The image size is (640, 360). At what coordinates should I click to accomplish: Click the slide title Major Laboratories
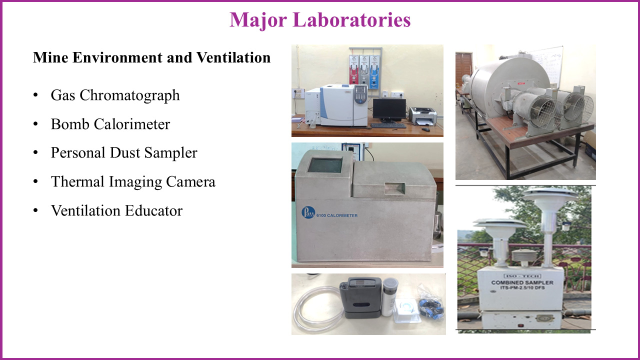tap(320, 20)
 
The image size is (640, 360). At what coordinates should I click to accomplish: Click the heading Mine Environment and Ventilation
tap(151, 57)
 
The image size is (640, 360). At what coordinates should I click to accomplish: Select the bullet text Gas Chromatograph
tap(115, 95)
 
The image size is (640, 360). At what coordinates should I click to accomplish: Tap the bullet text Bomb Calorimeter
tap(110, 124)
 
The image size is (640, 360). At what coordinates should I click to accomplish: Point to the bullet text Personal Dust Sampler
tap(124, 152)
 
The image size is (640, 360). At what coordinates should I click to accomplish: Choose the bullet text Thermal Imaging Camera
tap(133, 181)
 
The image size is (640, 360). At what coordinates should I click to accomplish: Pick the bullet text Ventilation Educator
tap(116, 210)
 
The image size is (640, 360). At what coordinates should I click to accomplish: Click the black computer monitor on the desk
tap(389, 110)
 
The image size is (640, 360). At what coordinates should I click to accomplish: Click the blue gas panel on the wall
tap(374, 72)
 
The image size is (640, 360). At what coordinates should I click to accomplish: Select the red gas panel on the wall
tap(353, 72)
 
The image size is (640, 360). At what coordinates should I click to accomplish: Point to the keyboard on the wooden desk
tap(388, 125)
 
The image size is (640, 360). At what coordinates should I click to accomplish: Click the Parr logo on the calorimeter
tap(308, 212)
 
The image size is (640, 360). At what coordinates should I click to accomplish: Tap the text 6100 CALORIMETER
tap(337, 215)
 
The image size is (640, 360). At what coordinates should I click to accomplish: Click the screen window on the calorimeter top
tap(325, 165)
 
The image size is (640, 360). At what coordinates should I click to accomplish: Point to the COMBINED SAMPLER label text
tap(522, 282)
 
